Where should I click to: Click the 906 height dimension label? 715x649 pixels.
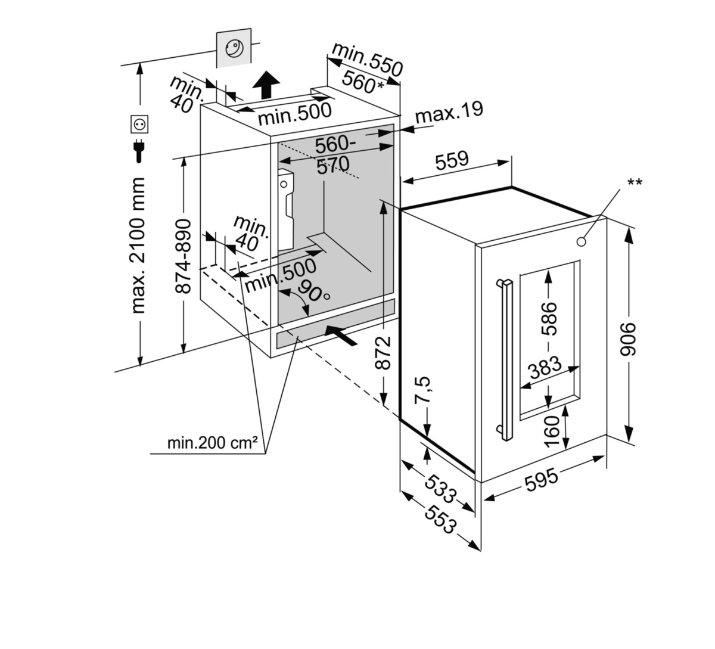(629, 339)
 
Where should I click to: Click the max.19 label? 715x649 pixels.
(448, 111)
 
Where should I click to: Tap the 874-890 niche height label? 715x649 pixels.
(185, 256)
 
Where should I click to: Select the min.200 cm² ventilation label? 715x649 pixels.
(212, 443)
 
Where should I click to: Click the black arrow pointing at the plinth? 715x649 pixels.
(342, 335)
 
